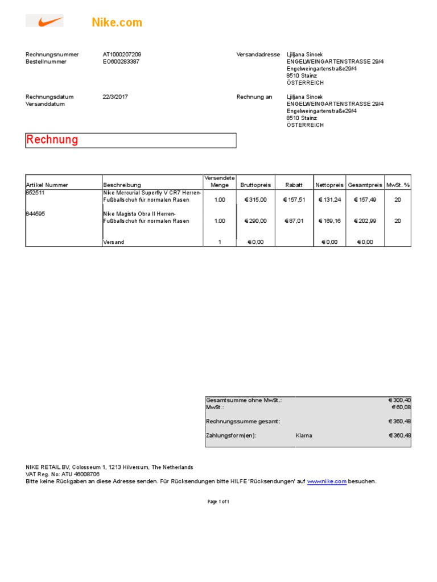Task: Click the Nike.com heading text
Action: pyautogui.click(x=117, y=23)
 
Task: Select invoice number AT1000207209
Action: pyautogui.click(x=122, y=55)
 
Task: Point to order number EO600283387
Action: pyautogui.click(x=121, y=61)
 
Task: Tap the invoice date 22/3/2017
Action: pyautogui.click(x=115, y=97)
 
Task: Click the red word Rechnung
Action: pyautogui.click(x=52, y=140)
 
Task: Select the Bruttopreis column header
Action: pyautogui.click(x=255, y=185)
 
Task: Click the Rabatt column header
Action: pyautogui.click(x=294, y=185)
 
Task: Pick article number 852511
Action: pyautogui.click(x=35, y=193)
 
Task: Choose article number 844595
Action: pyautogui.click(x=35, y=214)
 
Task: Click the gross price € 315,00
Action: pyautogui.click(x=255, y=199)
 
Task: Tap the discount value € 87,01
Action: pyautogui.click(x=294, y=221)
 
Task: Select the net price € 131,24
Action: pyautogui.click(x=329, y=199)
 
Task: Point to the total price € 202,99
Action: pyautogui.click(x=365, y=221)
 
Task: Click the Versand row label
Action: pyautogui.click(x=113, y=242)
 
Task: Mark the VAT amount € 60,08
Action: pyautogui.click(x=401, y=408)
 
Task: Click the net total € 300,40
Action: pyautogui.click(x=399, y=400)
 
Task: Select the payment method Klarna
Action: pyautogui.click(x=304, y=436)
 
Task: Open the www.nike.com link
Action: pyautogui.click(x=327, y=481)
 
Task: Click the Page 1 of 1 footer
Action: pyautogui.click(x=218, y=502)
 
